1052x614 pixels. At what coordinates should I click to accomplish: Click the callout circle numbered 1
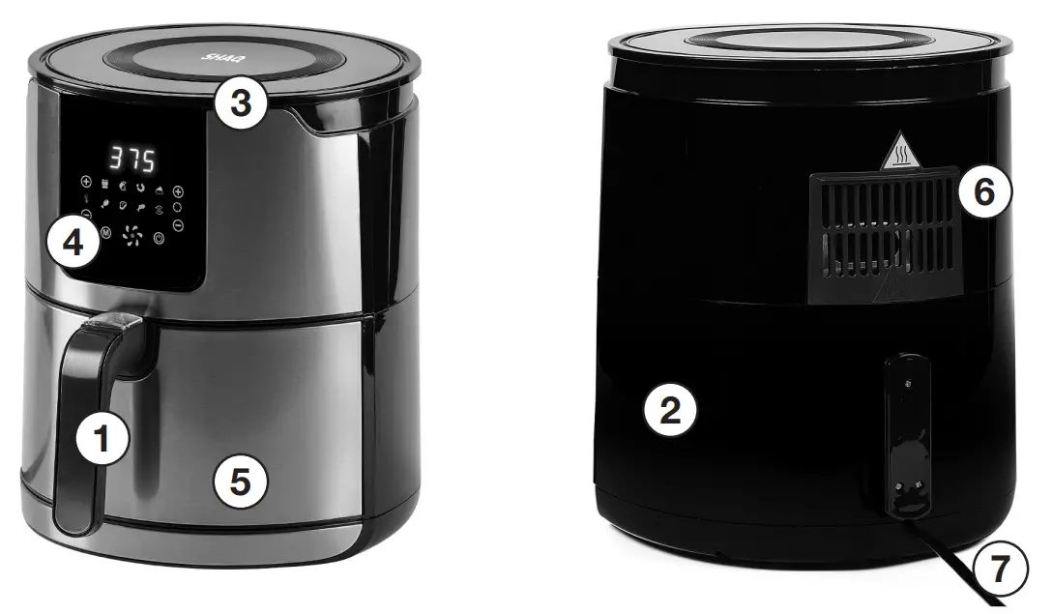[101, 440]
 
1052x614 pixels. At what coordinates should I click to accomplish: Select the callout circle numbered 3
[240, 103]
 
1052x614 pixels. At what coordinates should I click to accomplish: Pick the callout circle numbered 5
[239, 482]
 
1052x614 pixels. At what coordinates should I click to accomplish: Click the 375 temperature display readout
[131, 159]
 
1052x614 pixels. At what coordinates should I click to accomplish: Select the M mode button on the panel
[105, 234]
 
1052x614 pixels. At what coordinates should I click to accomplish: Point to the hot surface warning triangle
[899, 153]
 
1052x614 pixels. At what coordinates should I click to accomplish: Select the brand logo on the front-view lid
[214, 56]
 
